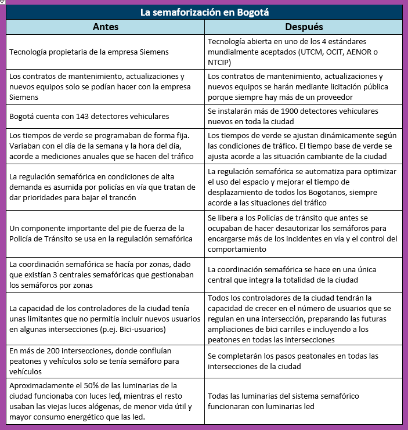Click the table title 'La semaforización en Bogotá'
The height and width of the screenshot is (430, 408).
(x=204, y=12)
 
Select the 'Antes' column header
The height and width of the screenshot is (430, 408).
(x=106, y=27)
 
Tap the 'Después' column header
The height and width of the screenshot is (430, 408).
(x=304, y=27)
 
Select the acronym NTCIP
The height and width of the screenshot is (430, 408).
(x=219, y=62)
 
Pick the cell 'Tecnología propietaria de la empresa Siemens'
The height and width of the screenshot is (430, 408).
(x=89, y=52)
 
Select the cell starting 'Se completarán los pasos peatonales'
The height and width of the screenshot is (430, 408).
(x=293, y=361)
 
